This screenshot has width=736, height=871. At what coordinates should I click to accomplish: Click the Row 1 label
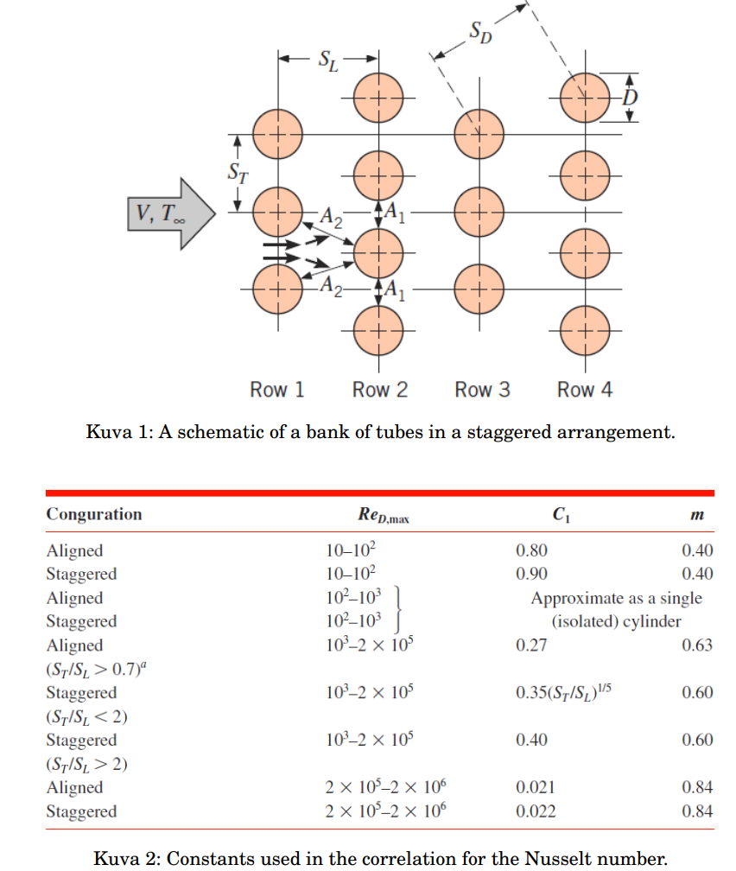277,390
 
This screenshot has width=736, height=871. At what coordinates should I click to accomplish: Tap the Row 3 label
482,390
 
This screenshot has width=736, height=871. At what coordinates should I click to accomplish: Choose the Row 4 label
585,390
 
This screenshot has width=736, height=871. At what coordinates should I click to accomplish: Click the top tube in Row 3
479,135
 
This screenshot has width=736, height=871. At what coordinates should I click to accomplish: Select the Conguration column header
94,514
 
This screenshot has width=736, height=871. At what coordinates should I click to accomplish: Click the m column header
698,515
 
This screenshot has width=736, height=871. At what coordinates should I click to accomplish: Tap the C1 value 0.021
536,787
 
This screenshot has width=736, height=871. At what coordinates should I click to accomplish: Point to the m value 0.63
697,645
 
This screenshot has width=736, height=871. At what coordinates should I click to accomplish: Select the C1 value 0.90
531,574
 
